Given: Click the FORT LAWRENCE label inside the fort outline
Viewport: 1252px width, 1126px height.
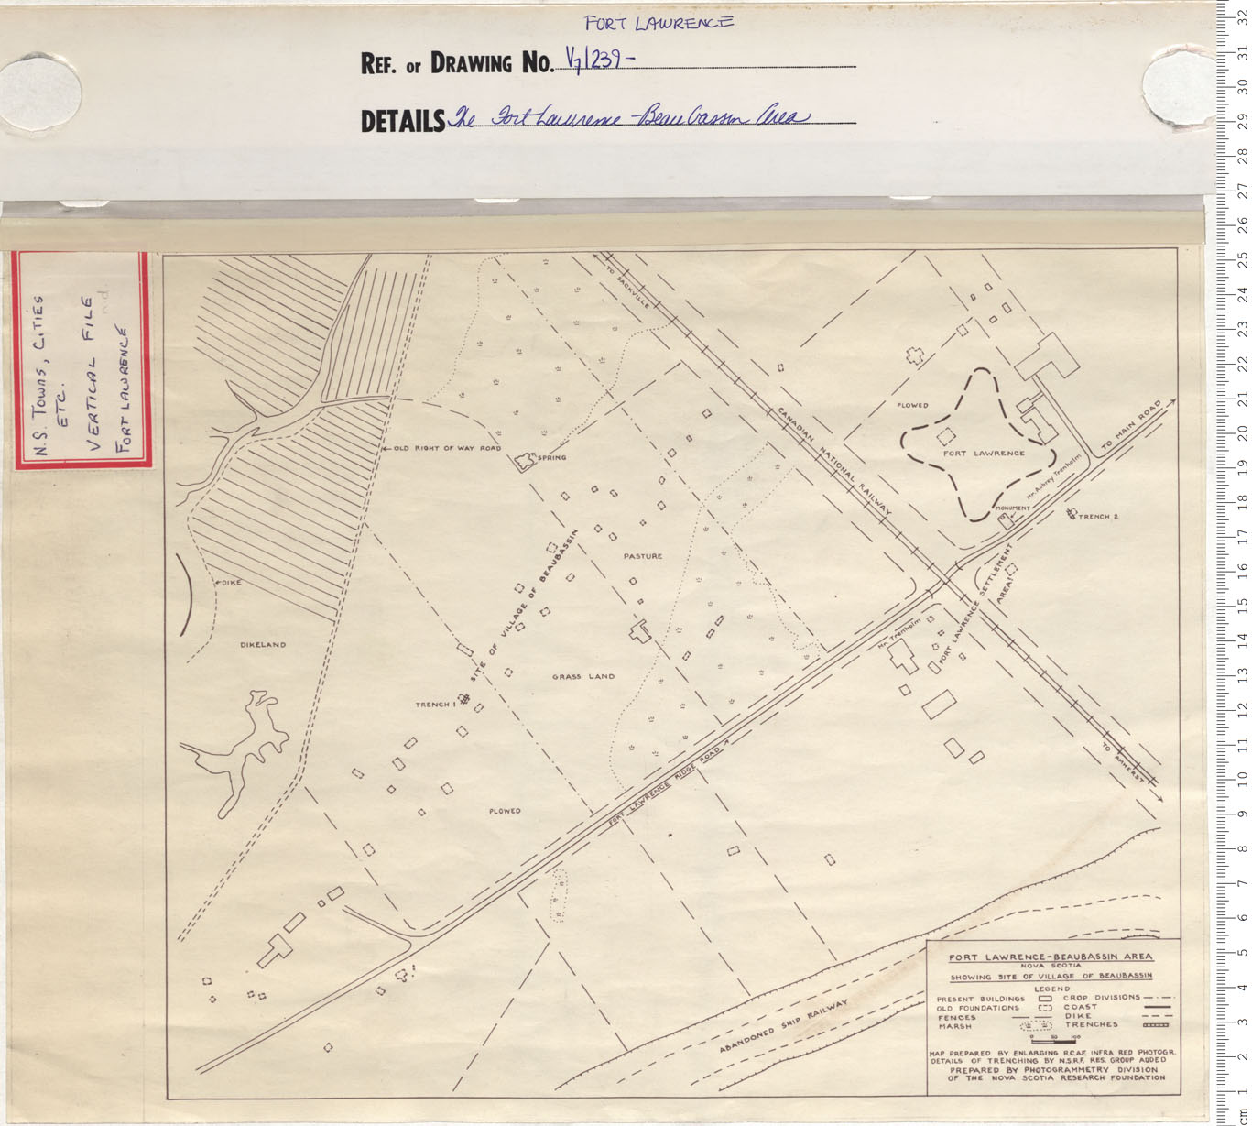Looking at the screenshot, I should coord(984,454).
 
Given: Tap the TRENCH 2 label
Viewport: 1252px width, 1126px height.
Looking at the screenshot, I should coord(1098,517).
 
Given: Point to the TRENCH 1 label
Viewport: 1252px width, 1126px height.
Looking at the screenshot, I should coord(434,705).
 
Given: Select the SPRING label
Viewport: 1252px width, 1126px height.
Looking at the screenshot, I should coord(552,457).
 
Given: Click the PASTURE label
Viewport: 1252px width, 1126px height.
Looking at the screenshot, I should coord(642,556).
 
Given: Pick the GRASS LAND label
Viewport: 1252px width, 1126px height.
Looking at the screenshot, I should coord(583,677).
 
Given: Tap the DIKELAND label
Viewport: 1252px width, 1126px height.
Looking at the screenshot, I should coord(263,645).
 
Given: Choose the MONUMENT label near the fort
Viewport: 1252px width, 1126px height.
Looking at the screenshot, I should coord(1012,508).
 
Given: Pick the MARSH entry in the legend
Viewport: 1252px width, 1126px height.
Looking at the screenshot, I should coord(955,1026).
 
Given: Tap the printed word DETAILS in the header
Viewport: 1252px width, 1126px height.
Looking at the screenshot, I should coord(402,121).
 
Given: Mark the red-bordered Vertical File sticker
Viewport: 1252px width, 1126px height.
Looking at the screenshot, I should coord(82,360).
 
